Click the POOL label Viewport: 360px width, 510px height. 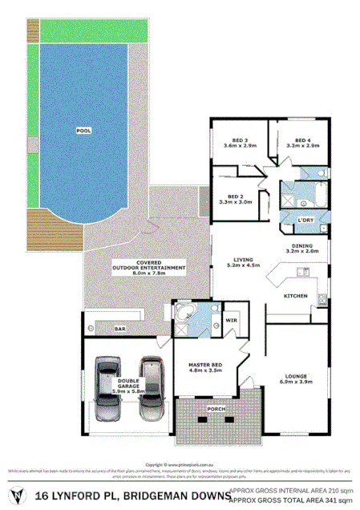(83, 129)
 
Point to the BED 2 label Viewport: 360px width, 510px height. (235, 196)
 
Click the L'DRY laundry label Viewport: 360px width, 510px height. (305, 220)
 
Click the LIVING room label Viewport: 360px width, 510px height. (243, 259)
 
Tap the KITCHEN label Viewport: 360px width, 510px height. (295, 297)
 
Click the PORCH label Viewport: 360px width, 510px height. (216, 408)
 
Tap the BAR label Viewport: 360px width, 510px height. (121, 329)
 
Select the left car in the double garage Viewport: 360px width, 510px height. (108, 392)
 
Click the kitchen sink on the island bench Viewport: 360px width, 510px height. (303, 274)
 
